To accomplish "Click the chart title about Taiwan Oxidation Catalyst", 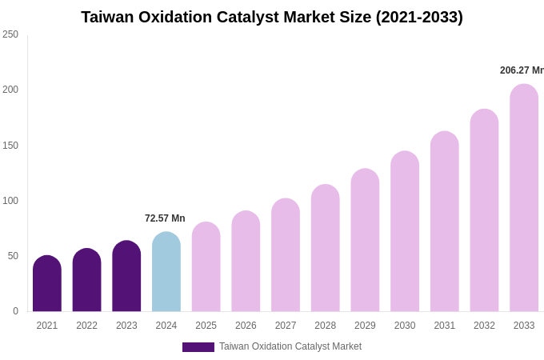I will point(272,17).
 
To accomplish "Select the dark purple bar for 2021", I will point(47,284).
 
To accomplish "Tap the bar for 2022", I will point(86,280).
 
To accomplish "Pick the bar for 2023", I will point(126,276).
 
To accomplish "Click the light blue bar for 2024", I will point(166,272).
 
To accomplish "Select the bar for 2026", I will point(246,262).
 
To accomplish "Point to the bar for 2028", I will point(326,248).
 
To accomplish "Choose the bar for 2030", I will point(405,232).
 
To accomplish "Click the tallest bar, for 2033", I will point(524,198).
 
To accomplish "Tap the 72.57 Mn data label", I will point(165,218).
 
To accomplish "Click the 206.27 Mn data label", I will point(522,70).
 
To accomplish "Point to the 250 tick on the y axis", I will point(10,34).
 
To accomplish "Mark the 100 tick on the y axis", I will point(10,201).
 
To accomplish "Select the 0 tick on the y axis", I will point(15,311).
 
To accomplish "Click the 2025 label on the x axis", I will point(206,326).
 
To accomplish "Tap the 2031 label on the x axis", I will point(445,326).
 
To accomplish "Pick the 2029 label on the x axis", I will point(365,326).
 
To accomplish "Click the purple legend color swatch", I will point(198,347).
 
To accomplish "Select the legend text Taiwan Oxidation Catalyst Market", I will point(290,346).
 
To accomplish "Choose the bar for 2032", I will point(484,210).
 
